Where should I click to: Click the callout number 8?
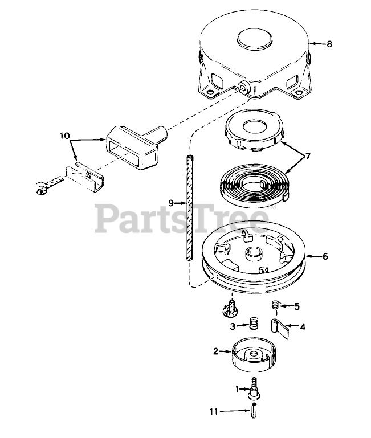(x=329, y=44)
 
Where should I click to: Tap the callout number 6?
(x=325, y=256)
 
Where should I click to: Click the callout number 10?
(x=65, y=136)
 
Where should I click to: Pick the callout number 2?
(x=215, y=351)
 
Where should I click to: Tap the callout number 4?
(x=303, y=327)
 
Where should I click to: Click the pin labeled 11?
(x=251, y=410)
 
